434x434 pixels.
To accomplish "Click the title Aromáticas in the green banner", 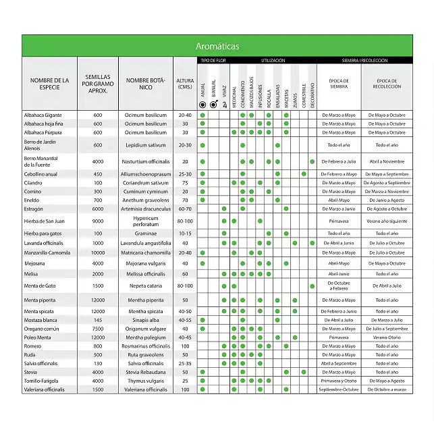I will [x=217, y=47].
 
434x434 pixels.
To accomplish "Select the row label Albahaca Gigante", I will [x=43, y=115].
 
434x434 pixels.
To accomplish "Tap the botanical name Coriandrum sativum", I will [x=146, y=183].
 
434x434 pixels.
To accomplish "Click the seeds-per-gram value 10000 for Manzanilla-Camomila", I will [x=98, y=252].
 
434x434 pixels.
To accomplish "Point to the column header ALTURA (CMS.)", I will [x=184, y=84].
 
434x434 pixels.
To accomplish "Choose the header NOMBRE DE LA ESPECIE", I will [x=49, y=84].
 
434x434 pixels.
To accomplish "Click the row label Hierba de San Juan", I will [x=45, y=221].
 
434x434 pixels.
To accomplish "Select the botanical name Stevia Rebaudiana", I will [x=146, y=372].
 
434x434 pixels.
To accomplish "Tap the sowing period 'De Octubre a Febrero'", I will [x=338, y=286].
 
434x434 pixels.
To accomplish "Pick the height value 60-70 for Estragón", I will [x=184, y=209].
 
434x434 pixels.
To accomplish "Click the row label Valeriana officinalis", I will [x=45, y=389].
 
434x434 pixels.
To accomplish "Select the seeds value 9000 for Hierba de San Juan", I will [x=98, y=221].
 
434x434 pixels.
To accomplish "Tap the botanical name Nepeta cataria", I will [x=146, y=286].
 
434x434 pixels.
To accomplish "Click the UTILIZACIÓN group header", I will [x=273, y=61].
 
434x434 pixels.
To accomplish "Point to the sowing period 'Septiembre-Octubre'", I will [x=338, y=389].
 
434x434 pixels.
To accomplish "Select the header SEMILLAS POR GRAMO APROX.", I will [x=98, y=84].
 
